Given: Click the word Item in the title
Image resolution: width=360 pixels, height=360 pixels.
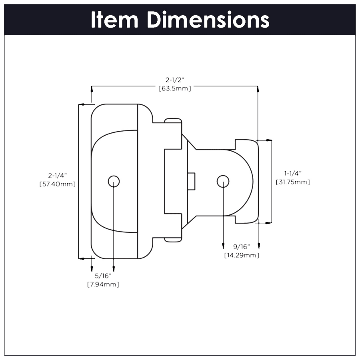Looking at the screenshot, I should (115, 20).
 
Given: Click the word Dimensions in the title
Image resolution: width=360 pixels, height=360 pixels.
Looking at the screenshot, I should (208, 20).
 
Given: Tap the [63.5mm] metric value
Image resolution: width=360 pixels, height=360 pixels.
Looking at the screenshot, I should (175, 88).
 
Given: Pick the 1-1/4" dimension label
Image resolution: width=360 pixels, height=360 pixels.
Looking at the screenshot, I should (293, 173).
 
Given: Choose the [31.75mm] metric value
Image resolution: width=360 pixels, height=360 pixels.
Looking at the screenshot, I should (293, 182).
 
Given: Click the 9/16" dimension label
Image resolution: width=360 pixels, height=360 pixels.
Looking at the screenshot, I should (241, 247).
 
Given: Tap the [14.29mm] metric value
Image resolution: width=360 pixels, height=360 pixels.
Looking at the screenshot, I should (241, 255).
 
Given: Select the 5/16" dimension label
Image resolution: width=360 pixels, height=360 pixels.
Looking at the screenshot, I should (103, 276).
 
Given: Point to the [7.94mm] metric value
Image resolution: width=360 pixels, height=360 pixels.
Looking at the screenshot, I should (103, 284).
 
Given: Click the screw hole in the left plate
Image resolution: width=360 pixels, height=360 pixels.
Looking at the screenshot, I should (114, 181).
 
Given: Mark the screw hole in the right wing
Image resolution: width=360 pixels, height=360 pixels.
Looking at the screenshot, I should (223, 181).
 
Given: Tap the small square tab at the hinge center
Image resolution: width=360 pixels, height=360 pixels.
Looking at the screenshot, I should (191, 181).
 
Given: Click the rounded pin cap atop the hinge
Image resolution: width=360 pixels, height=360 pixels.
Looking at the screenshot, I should (173, 120).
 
